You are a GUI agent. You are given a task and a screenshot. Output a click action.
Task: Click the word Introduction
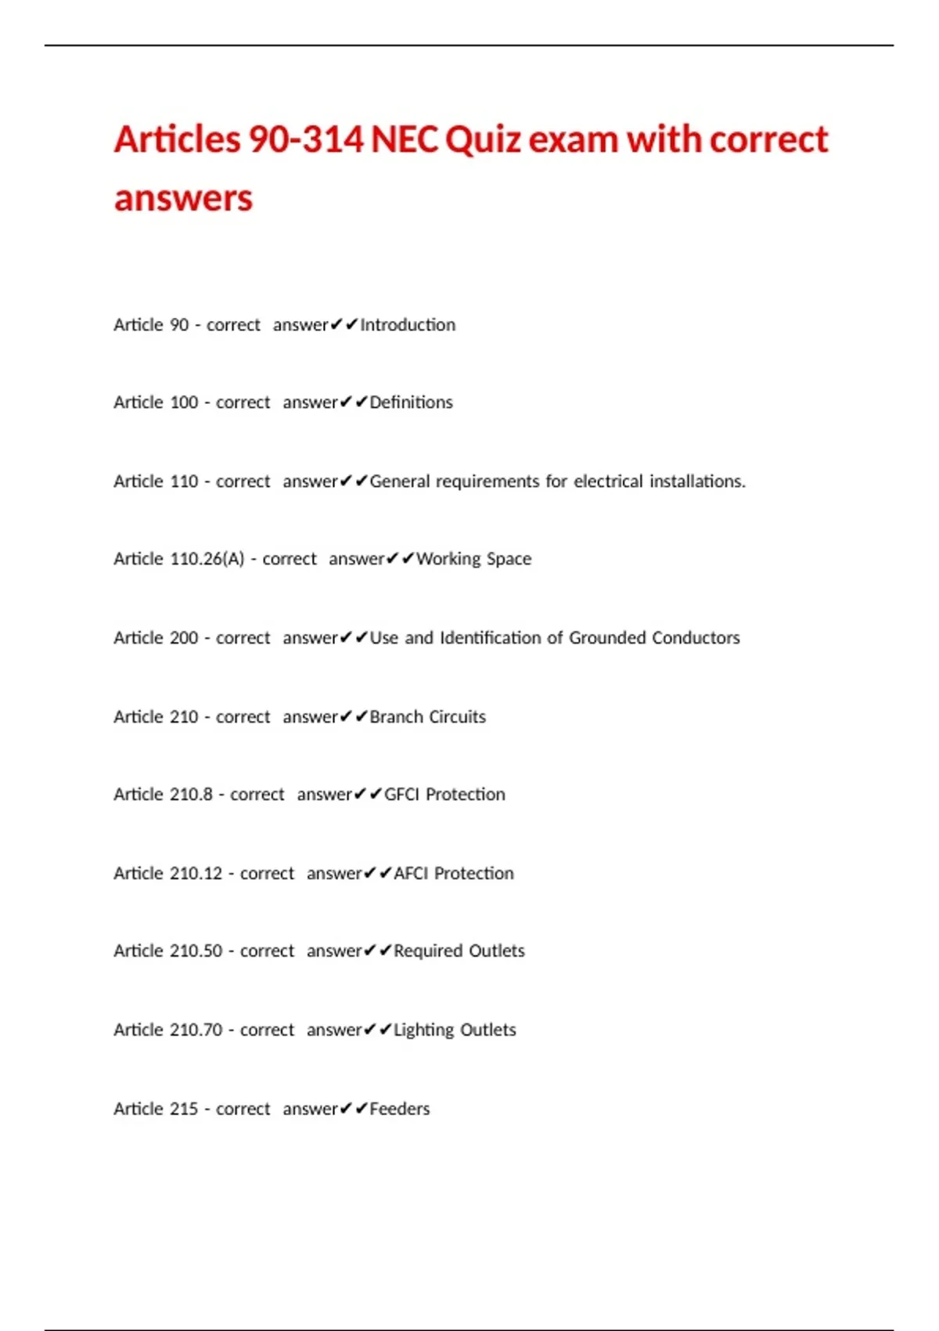tap(408, 325)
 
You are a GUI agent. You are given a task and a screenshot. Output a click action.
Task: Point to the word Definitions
tap(411, 402)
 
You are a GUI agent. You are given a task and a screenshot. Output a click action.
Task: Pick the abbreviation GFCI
tap(401, 795)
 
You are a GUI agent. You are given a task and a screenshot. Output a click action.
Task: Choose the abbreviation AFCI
tap(411, 874)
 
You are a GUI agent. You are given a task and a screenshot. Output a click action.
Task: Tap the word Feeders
tap(400, 1109)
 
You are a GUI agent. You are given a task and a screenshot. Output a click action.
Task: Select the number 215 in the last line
tap(183, 1109)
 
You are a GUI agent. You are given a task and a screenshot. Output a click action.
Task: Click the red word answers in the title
tap(183, 199)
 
